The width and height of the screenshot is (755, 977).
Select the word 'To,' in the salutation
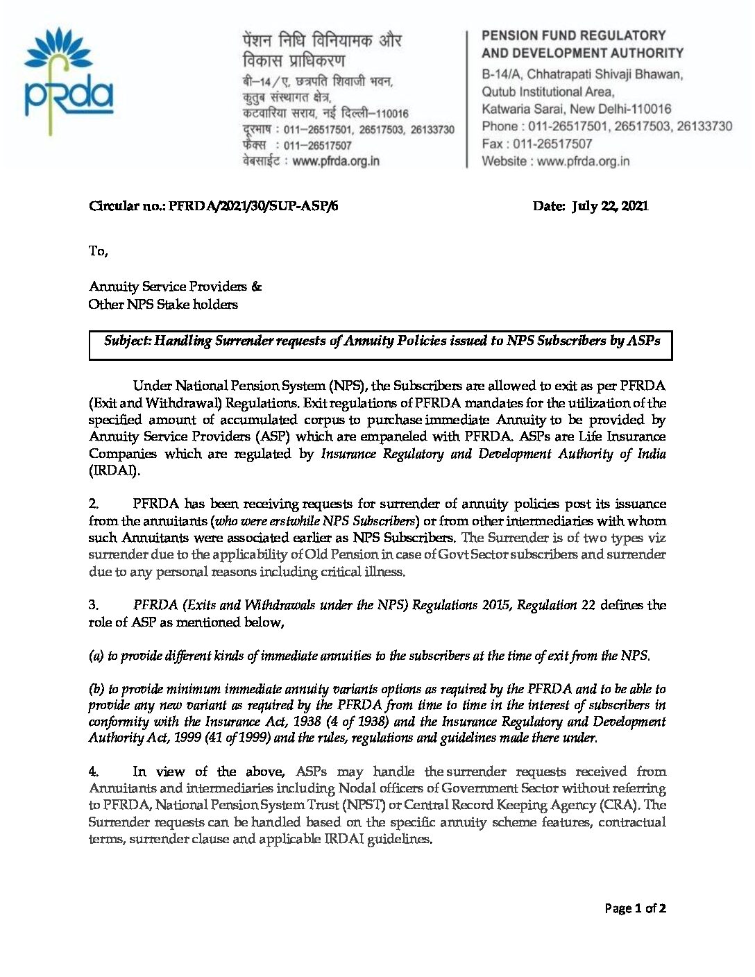pos(98,250)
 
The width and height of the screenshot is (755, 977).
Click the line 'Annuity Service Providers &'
pos(175,287)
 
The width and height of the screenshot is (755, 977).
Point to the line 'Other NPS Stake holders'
pos(163,305)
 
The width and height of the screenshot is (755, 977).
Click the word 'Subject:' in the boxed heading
pos(127,341)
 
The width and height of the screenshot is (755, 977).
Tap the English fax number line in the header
pos(537,144)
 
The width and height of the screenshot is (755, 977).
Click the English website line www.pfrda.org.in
pos(556,161)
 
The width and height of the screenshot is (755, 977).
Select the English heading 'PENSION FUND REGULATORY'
pos(573,35)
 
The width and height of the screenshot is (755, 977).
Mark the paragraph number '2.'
pos(94,504)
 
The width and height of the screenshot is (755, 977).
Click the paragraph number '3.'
pos(94,605)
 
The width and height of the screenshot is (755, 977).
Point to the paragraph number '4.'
pos(94,772)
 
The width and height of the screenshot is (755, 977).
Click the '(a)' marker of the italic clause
pos(96,656)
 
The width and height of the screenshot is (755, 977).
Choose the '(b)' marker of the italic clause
pos(96,689)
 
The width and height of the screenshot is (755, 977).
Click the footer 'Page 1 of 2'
pos(635,908)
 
